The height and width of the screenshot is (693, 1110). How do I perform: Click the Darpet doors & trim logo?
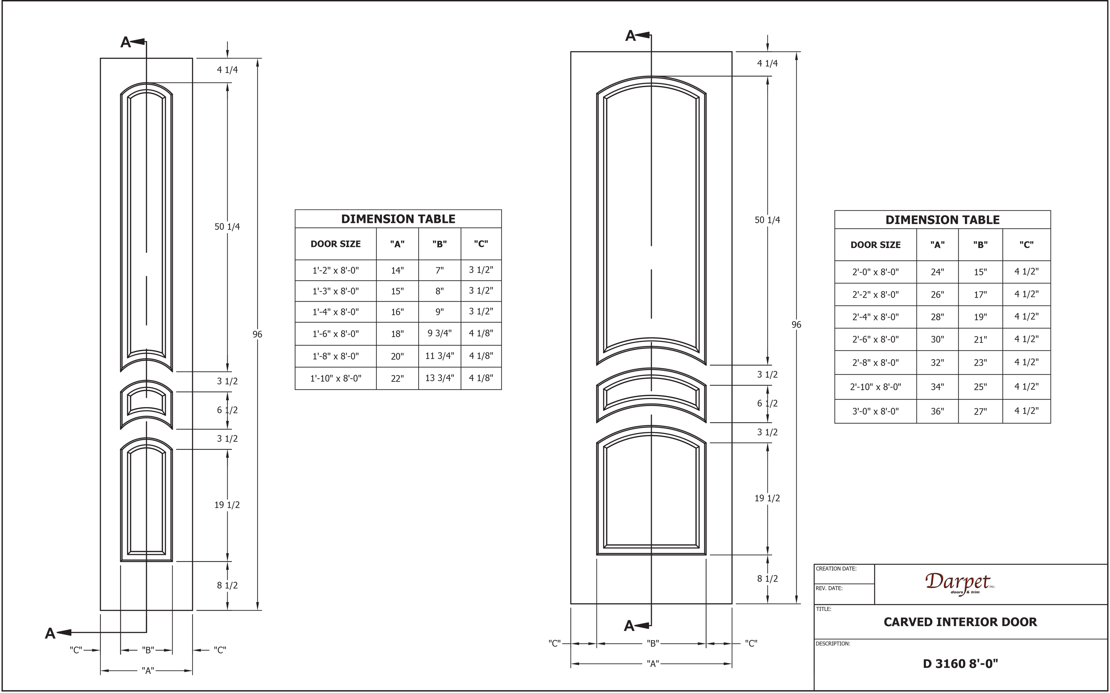(x=960, y=584)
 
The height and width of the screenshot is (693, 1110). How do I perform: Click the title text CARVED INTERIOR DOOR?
(x=960, y=622)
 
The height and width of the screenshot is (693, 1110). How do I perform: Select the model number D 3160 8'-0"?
(x=960, y=664)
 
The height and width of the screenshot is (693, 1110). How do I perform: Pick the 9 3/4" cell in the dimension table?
(x=439, y=333)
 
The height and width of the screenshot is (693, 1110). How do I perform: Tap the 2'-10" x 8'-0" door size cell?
(x=875, y=387)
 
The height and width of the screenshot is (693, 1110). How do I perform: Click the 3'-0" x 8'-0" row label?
(x=875, y=411)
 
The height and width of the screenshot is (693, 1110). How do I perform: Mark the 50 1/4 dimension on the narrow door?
(x=227, y=226)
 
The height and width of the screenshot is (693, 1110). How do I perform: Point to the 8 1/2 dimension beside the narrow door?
(x=227, y=585)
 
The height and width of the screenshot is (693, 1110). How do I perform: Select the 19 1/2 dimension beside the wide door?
(x=767, y=498)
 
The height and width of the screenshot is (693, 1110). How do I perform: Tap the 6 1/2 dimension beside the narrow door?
(x=227, y=410)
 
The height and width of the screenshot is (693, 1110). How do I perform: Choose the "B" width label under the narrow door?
(x=147, y=650)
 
